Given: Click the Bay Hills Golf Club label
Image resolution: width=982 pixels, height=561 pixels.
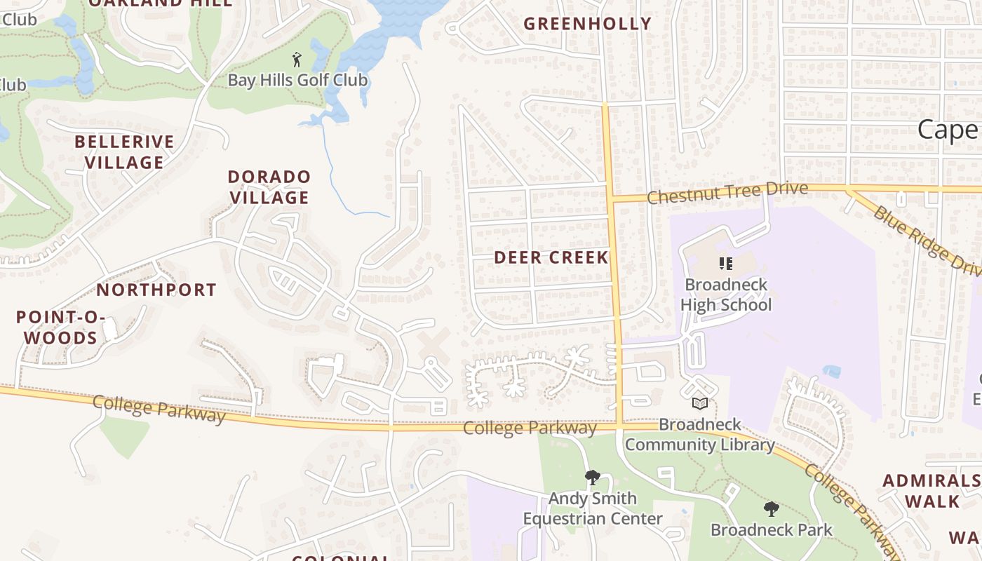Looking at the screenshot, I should pyautogui.click(x=297, y=80).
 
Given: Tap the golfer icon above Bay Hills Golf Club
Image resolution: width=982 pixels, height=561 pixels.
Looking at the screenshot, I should pyautogui.click(x=297, y=60).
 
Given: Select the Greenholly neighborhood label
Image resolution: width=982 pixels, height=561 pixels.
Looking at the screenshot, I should pyautogui.click(x=588, y=24).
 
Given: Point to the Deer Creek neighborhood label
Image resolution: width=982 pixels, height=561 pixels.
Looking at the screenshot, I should pyautogui.click(x=551, y=257).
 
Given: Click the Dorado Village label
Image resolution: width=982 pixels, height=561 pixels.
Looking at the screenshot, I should pyautogui.click(x=269, y=187).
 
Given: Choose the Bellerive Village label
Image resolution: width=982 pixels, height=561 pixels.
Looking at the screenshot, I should pyautogui.click(x=124, y=152).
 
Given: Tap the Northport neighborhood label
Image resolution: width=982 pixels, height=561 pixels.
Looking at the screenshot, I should pyautogui.click(x=156, y=290).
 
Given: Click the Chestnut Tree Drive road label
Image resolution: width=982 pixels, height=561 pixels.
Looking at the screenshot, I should pyautogui.click(x=727, y=193).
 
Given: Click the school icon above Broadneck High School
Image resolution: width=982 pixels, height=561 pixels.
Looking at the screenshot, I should pyautogui.click(x=725, y=264).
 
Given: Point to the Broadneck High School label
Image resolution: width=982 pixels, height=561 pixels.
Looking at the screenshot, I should pyautogui.click(x=725, y=295).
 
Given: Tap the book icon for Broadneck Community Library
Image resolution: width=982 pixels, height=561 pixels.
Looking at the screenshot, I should pyautogui.click(x=699, y=403).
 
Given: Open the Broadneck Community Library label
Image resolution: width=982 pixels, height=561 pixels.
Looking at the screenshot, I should pyautogui.click(x=699, y=435).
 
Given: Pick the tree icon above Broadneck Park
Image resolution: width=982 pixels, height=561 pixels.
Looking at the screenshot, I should pyautogui.click(x=771, y=509).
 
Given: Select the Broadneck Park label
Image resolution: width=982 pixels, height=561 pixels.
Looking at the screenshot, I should pyautogui.click(x=771, y=529).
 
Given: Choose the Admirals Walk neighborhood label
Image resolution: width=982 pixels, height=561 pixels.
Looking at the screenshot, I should pyautogui.click(x=931, y=491).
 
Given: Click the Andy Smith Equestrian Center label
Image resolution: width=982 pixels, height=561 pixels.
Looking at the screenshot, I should pyautogui.click(x=592, y=508).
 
